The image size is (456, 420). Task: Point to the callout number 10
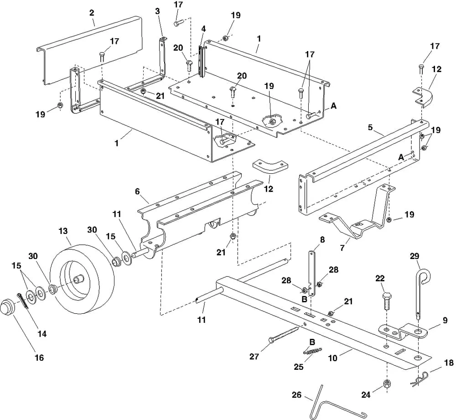click(x=333, y=358)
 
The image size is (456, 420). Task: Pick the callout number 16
click(x=39, y=358)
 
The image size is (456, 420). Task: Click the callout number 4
click(x=203, y=28)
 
